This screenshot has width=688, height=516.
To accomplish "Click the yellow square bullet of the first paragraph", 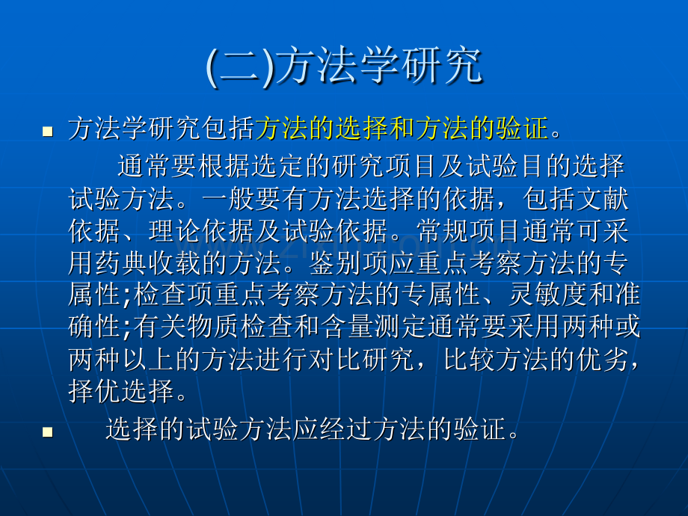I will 48,132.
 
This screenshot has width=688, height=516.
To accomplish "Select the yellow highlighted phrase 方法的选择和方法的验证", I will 402,129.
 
